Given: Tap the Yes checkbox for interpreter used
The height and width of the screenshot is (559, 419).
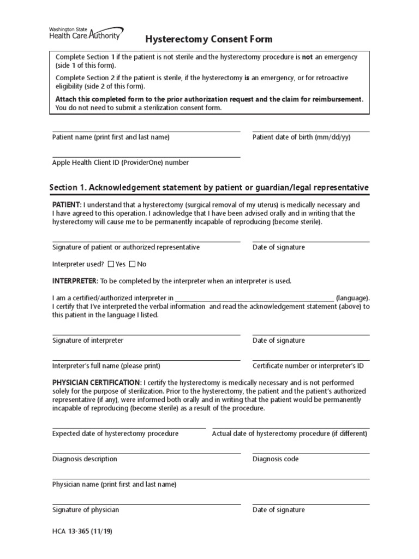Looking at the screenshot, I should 111,264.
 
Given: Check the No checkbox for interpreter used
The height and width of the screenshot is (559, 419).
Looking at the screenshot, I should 133,264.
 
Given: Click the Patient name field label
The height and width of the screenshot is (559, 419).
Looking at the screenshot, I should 111,138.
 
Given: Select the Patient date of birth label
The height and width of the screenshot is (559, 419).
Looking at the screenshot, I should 301,138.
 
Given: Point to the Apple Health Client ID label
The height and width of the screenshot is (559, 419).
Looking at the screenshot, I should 121,163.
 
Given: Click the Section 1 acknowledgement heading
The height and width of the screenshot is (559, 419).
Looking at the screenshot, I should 209,188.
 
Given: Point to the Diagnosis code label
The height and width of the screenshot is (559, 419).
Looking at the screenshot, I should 276,459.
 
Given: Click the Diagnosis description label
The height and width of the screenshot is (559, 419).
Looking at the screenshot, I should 85,459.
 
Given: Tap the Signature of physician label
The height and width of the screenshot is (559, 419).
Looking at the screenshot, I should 86,510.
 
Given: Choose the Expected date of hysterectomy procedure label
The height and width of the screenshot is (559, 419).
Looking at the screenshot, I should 115,434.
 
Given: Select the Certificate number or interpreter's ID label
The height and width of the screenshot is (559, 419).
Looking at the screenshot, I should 308,366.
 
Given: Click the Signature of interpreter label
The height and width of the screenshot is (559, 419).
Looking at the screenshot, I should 88,341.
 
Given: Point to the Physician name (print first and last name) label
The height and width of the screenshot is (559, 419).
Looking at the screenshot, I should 114,485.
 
